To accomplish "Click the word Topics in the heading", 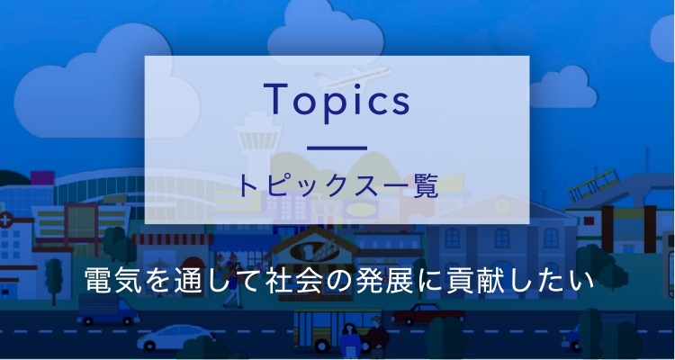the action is point(337,100).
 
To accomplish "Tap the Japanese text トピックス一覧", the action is point(337,186).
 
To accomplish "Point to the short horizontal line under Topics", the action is point(337,148).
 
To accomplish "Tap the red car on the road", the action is point(427,313).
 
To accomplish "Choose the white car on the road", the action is point(176,337).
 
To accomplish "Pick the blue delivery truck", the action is point(108,310).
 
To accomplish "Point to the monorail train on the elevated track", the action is point(594,184).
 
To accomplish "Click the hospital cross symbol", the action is point(5,221).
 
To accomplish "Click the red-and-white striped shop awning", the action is point(172,239).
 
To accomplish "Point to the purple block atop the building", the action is point(42,177).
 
